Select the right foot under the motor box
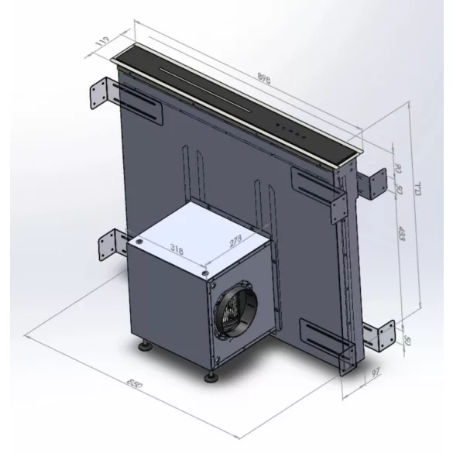pos(209,378)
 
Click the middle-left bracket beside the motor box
pos(105,247)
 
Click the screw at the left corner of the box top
pos(139,242)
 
